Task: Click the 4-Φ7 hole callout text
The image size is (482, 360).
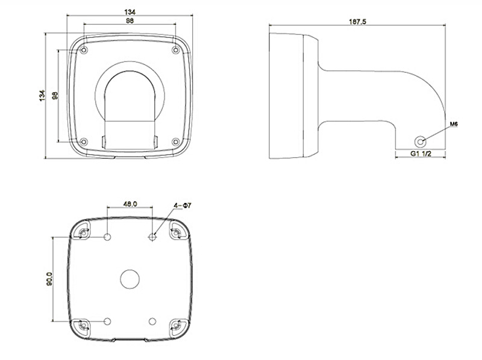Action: point(182,205)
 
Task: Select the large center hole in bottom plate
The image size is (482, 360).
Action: point(130,279)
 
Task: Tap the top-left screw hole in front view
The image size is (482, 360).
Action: point(84,49)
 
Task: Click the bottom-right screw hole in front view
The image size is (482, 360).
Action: point(175,142)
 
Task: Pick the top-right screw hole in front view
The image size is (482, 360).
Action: point(175,49)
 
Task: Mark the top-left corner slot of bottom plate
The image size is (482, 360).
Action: point(83,232)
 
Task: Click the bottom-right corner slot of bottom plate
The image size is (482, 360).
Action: point(176,326)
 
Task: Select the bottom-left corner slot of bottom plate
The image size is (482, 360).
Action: point(83,326)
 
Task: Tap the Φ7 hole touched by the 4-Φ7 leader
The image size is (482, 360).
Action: point(152,237)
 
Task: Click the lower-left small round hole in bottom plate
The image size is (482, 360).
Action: point(107,321)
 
